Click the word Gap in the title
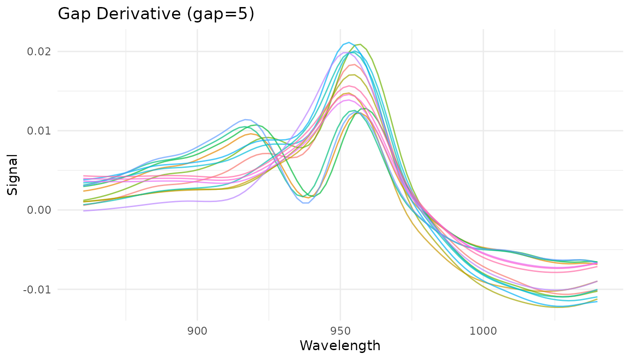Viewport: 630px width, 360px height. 72,14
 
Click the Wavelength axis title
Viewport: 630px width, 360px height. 340,346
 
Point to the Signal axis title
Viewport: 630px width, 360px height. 13,174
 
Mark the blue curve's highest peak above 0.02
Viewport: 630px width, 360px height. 348,42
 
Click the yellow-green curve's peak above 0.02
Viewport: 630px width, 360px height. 359,45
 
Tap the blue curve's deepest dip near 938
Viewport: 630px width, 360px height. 305,203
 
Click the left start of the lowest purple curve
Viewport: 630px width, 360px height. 84,211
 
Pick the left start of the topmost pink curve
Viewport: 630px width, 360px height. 84,176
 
